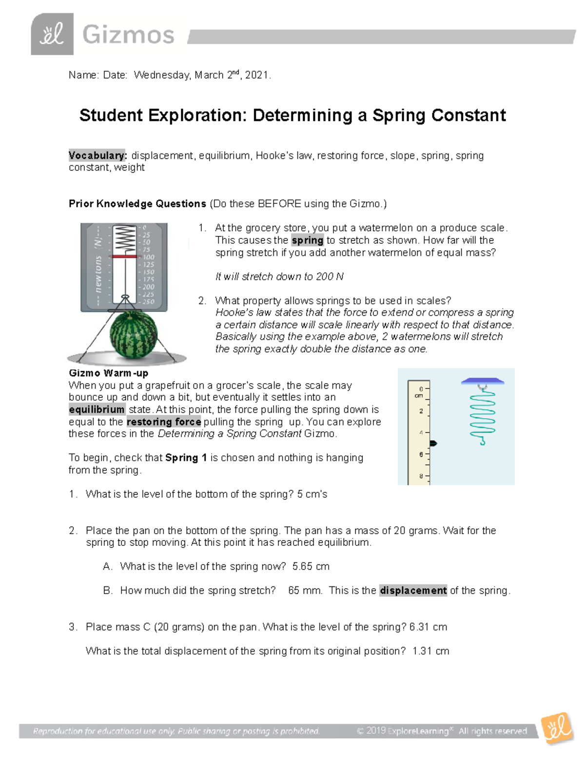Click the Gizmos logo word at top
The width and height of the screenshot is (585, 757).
(x=128, y=35)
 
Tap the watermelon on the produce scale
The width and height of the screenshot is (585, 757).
(x=133, y=334)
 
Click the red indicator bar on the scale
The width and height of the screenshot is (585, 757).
(x=124, y=256)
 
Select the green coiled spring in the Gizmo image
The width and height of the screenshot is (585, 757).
(x=482, y=414)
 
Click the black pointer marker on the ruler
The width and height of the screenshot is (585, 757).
(x=433, y=443)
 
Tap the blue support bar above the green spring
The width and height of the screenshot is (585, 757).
(x=482, y=381)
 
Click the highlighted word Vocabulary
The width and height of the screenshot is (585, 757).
(x=97, y=155)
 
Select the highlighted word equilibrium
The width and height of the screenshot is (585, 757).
(x=97, y=409)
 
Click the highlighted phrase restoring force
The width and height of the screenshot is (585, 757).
(x=164, y=422)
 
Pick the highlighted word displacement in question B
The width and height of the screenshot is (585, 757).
(x=413, y=590)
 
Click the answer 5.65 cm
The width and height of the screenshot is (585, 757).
(x=311, y=566)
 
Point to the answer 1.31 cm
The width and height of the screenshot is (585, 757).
(x=430, y=651)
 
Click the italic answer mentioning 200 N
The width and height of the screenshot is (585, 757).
(x=279, y=276)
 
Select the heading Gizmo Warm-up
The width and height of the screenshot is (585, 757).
(x=108, y=373)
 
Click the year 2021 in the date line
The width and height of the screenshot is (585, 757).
(x=256, y=75)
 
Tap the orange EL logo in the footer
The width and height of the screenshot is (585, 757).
(x=557, y=728)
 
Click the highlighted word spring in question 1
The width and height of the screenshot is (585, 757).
(x=307, y=240)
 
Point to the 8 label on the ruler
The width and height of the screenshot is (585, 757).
(x=421, y=476)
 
